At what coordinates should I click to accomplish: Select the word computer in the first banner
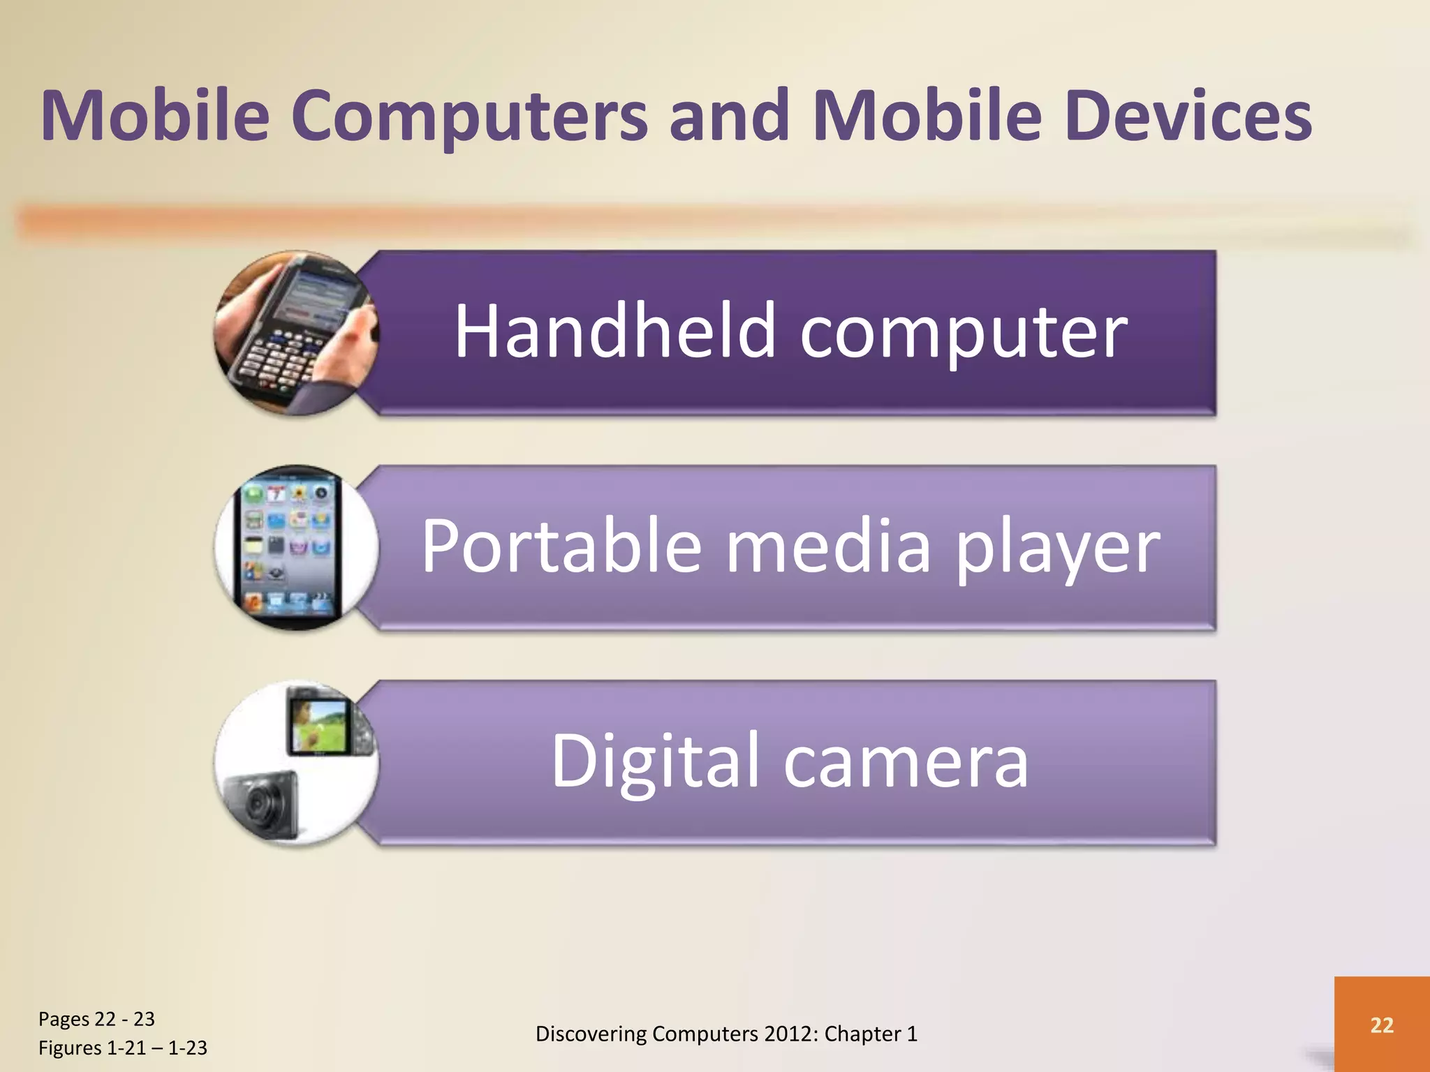click(964, 332)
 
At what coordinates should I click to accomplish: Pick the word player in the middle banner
click(1057, 547)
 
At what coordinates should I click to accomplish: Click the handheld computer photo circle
click(296, 333)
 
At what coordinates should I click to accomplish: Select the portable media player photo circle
click(296, 548)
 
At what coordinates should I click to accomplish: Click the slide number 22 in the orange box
click(1382, 1025)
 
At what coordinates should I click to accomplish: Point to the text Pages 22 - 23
click(96, 1019)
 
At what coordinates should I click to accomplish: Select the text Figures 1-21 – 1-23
click(123, 1048)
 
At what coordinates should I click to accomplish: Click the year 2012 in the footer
click(790, 1034)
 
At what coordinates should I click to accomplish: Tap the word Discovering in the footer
click(591, 1034)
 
